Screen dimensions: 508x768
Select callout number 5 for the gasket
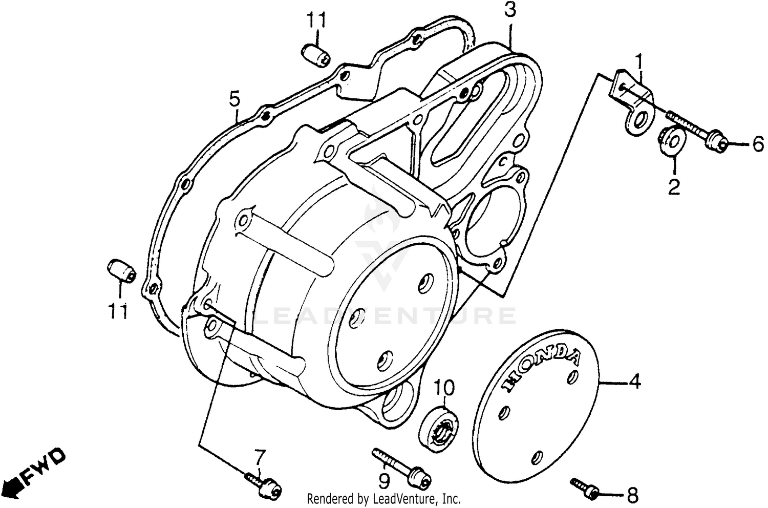pyautogui.click(x=234, y=98)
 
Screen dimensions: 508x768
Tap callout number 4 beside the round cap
pyautogui.click(x=634, y=382)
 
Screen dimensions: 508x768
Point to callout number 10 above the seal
pyautogui.click(x=444, y=389)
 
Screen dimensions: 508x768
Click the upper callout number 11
pyautogui.click(x=316, y=21)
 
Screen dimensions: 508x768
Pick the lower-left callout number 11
pyautogui.click(x=118, y=311)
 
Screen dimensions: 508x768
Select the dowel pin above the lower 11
pyautogui.click(x=121, y=270)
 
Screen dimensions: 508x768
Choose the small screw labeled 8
pyautogui.click(x=585, y=488)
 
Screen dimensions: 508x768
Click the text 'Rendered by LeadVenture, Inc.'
pyautogui.click(x=384, y=498)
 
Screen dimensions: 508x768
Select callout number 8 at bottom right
pyautogui.click(x=632, y=495)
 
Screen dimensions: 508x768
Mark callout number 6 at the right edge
pyautogui.click(x=757, y=145)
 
